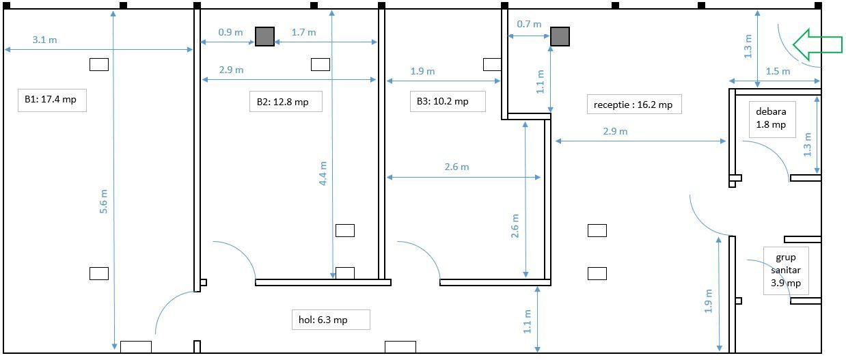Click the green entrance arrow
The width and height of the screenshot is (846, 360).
tap(818, 44)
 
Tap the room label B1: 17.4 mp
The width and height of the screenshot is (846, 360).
tap(51, 99)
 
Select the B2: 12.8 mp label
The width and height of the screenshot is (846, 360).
tap(282, 102)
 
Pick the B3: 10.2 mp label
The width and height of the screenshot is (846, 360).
tap(443, 101)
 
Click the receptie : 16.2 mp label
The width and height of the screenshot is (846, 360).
tap(633, 105)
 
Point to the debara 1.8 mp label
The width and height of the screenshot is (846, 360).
tap(771, 118)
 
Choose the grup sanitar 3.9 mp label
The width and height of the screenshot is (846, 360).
tap(786, 271)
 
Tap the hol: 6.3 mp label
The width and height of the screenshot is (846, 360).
tap(323, 320)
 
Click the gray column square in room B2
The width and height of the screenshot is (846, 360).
tap(264, 36)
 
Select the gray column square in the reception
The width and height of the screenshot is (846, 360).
tap(560, 36)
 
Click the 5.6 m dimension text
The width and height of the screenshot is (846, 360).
tap(103, 201)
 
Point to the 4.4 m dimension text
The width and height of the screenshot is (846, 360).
tap(323, 174)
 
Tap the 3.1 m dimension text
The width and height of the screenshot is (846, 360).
tap(44, 40)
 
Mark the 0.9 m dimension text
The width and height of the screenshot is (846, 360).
tap(230, 32)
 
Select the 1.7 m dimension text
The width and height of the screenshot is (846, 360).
tap(303, 32)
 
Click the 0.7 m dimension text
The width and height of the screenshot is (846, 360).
tap(529, 24)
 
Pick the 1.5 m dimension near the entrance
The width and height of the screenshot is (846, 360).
tap(778, 71)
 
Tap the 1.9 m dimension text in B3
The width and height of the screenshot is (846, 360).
tap(422, 71)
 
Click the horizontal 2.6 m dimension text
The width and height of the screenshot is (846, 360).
tap(456, 167)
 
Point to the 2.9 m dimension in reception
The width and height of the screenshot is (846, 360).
tap(615, 131)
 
